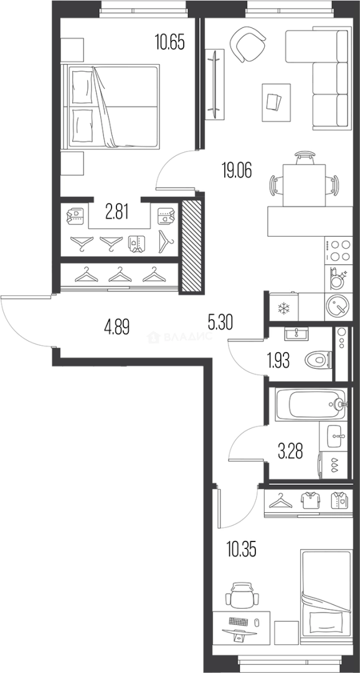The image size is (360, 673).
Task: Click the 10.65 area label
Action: tap(170, 43)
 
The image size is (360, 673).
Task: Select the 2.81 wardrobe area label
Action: tap(117, 212)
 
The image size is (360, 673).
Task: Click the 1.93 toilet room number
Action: tap(278, 361)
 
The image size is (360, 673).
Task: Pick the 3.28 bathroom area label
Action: tap(290, 451)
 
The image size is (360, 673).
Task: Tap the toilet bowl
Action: tap(318, 359)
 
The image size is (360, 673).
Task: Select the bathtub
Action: tap(310, 403)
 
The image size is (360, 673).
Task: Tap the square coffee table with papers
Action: tap(276, 102)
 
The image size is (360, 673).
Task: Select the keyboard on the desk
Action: tap(239, 621)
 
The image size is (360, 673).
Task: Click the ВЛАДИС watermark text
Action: tap(180, 337)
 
